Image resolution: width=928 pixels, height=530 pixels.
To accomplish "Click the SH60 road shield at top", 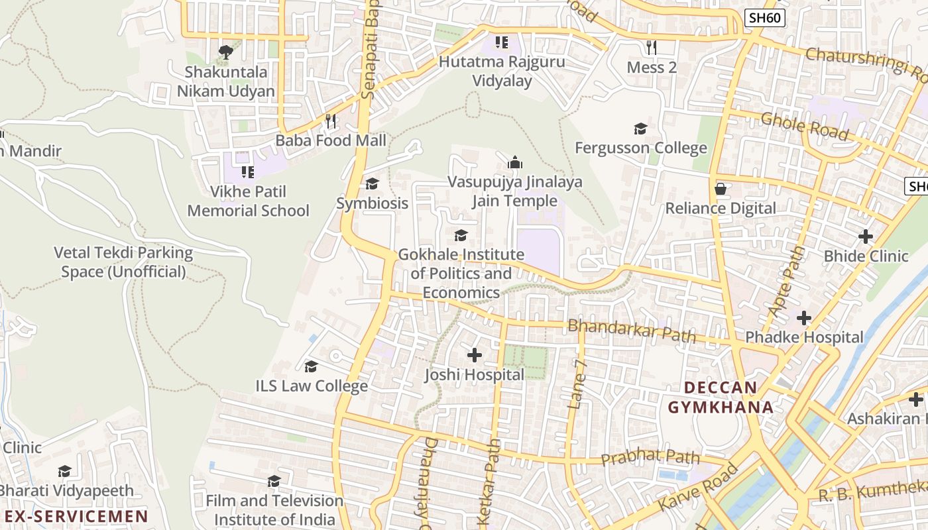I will point(764,18).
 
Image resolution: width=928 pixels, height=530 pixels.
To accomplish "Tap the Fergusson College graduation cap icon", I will point(640,129).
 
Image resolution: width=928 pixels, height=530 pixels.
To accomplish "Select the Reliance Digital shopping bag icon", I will point(721,189).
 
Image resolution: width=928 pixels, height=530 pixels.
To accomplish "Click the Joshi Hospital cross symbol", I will point(475,356).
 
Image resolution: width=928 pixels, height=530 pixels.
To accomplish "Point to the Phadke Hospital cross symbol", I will point(804,319).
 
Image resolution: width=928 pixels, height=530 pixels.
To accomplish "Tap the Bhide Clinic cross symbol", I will point(866,237).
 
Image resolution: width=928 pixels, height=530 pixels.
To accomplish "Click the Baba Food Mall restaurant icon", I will point(331,121).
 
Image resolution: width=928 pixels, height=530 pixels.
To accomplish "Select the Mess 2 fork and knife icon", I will point(652,48).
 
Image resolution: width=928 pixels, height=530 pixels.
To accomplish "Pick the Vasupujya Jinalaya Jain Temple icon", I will point(515,162).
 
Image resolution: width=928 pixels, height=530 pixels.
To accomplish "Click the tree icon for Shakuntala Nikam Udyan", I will point(226,52).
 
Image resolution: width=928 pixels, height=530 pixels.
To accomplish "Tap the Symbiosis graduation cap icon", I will point(373,184).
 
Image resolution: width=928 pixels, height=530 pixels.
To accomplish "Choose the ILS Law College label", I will point(312,386).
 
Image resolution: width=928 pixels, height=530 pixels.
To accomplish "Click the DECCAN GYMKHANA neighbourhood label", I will point(721,397).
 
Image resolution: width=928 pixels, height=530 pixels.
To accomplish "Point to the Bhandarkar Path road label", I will point(632,331).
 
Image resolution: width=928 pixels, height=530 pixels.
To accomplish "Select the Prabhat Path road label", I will point(650,456).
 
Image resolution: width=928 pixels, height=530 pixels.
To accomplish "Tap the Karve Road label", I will point(699,488).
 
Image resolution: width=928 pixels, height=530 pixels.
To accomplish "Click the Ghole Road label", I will point(804,126).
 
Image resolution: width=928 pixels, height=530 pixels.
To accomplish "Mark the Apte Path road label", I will point(787,281).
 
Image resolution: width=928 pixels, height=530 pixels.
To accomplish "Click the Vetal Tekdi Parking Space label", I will point(123,262).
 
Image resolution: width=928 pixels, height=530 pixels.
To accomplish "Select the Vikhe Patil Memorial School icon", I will point(248,173).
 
